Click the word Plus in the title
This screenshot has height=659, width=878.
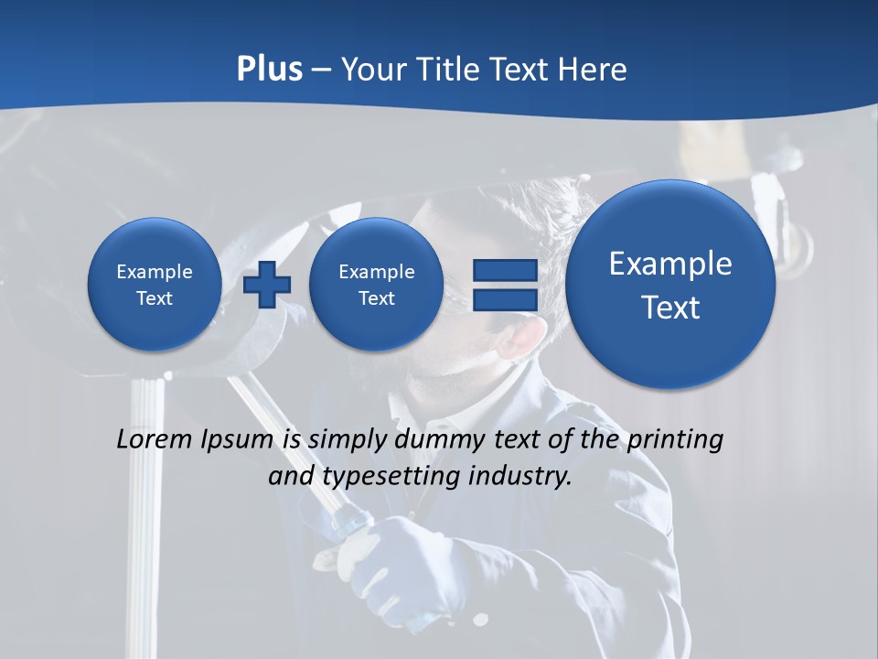(269, 70)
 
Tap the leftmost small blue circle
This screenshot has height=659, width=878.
(154, 285)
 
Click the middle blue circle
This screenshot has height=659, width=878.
(376, 285)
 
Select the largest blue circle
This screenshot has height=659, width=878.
(670, 285)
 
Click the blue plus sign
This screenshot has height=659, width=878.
(267, 285)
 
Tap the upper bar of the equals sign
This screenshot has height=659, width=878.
(504, 270)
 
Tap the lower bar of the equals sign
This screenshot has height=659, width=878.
(504, 300)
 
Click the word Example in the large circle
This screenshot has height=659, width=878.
(670, 264)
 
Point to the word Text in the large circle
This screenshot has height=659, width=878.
(670, 308)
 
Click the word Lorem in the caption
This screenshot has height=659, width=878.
(155, 440)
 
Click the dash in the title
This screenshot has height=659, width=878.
(321, 70)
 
